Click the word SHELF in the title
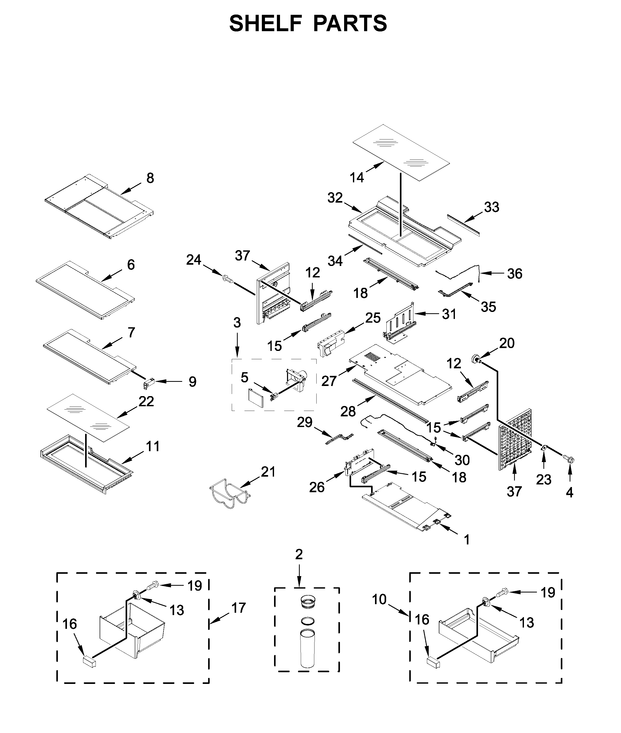[x=265, y=24]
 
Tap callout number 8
[x=150, y=178]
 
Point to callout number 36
[x=514, y=274]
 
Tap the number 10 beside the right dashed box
[x=379, y=599]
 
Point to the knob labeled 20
[x=478, y=360]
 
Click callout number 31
[x=449, y=314]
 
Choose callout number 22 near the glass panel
[x=146, y=401]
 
